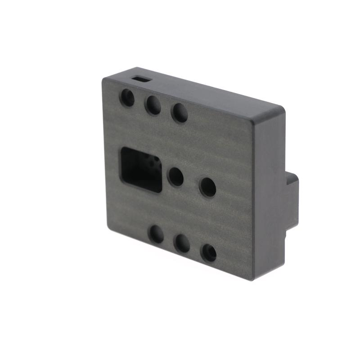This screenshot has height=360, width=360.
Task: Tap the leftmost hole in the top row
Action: point(127,98)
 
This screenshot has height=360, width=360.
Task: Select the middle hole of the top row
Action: point(153,105)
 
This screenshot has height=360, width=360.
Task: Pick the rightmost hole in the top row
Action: point(180,112)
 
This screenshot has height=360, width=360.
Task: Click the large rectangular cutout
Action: point(141,169)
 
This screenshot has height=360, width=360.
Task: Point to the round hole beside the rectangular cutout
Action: point(175,177)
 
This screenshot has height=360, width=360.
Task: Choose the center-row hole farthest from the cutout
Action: point(207,187)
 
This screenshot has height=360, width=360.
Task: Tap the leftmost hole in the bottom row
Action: point(156,234)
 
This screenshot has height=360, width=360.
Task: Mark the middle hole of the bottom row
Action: point(182,243)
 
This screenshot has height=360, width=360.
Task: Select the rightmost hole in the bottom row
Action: point(209,253)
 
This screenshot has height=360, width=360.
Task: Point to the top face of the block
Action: point(202,92)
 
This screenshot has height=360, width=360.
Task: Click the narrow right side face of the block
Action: point(269,193)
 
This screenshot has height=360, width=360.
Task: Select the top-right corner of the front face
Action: point(252,121)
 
